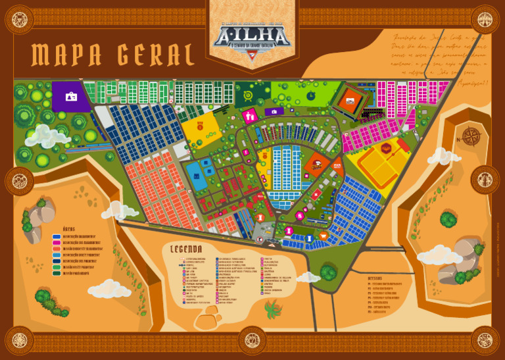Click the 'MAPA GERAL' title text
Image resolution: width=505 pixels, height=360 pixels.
[113, 56]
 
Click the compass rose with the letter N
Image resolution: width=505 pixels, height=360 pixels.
[471, 136]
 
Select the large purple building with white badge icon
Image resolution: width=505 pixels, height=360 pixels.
[71, 97]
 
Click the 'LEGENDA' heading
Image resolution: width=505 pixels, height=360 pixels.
[191, 250]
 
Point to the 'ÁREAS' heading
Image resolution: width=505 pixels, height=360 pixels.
[73, 228]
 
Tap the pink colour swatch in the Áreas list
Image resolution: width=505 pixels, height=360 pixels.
[55, 243]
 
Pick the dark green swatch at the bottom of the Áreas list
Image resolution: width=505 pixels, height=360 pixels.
[55, 272]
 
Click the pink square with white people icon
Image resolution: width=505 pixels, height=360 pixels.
[250, 116]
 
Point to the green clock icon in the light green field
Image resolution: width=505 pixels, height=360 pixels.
[310, 95]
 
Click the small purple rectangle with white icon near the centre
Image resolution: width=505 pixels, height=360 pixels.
[274, 111]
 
